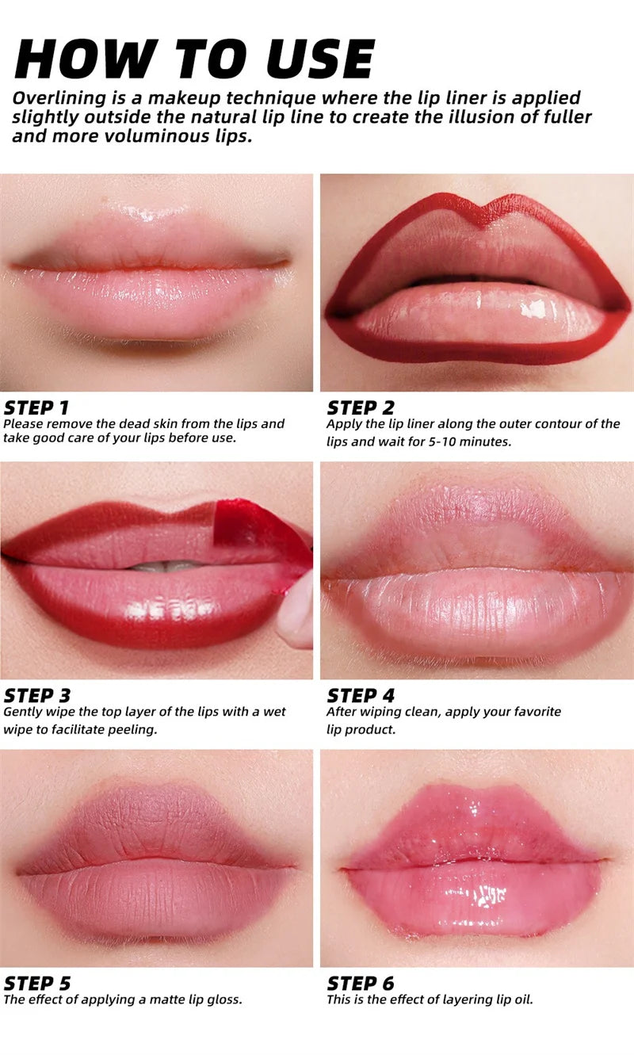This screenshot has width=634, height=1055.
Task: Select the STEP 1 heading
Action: coord(36,408)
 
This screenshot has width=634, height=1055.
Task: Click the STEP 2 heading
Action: coord(360,408)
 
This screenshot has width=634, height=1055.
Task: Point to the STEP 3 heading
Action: coord(36,696)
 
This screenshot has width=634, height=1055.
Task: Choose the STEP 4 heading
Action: coord(361,696)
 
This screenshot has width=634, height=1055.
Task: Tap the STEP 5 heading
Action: coord(36,984)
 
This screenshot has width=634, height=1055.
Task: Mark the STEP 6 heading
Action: coord(361,984)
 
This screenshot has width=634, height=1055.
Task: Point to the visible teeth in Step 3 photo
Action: coord(163,567)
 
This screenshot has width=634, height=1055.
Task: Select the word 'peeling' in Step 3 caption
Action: coord(132,729)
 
